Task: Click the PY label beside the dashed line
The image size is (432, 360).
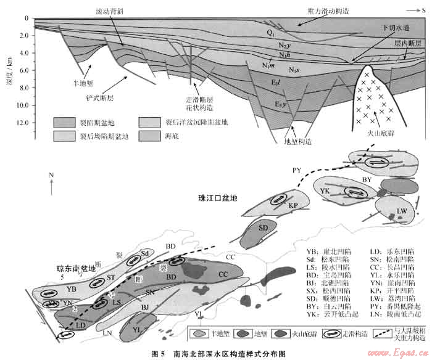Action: (296, 168)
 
